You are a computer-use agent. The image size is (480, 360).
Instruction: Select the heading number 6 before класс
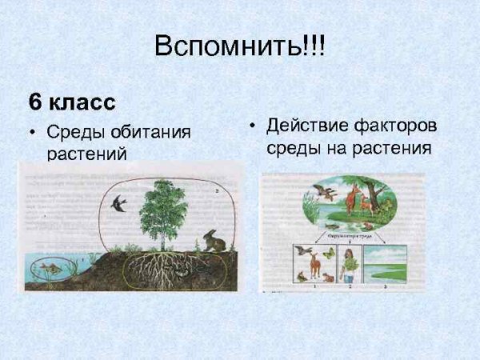click(34, 102)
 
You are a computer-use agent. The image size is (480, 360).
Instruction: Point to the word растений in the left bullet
click(86, 153)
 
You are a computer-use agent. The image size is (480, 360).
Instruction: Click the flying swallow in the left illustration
click(119, 203)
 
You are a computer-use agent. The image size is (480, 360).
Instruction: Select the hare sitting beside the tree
click(214, 240)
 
